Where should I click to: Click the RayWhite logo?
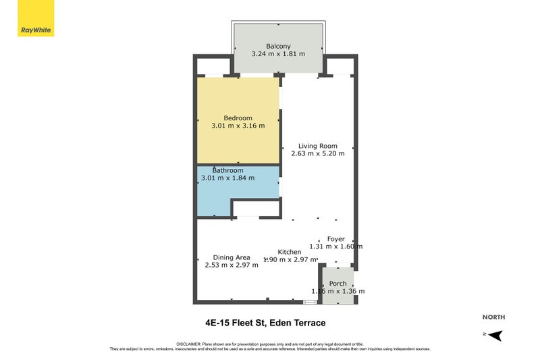point(36,19)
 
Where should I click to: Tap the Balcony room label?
point(278,46)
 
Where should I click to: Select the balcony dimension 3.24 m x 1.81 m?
point(278,53)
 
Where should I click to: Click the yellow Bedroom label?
point(238,118)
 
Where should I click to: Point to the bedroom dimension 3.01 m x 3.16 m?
point(238,126)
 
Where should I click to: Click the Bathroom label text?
point(228,170)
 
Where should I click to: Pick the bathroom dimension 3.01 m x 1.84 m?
point(228,178)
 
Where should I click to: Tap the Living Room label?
point(317,146)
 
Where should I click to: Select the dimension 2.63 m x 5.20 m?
point(317,153)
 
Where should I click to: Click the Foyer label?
point(335,239)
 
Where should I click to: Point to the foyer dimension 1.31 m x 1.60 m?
point(335,247)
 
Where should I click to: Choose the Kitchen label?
point(290,252)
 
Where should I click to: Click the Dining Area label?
point(232,257)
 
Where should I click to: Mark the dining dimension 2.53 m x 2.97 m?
point(232,265)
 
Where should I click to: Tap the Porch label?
point(337,284)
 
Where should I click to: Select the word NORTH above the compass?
point(493,317)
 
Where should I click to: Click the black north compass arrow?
point(497,334)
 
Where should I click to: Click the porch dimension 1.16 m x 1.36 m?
point(337,291)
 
